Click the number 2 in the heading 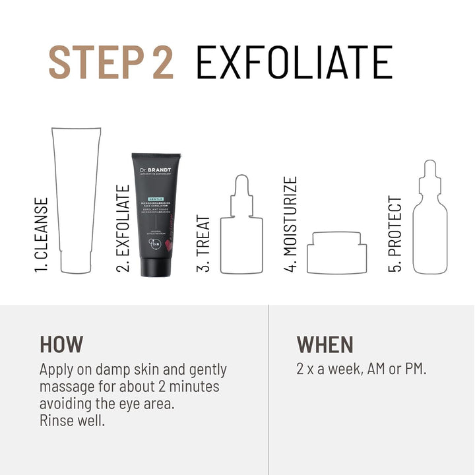160,63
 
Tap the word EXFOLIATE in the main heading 294,63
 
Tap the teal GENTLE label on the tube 146,197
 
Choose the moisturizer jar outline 336,252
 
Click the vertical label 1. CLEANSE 42,235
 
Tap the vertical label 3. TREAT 204,244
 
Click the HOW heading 61,344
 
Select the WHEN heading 325,344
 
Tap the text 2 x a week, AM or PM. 361,369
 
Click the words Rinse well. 72,420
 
